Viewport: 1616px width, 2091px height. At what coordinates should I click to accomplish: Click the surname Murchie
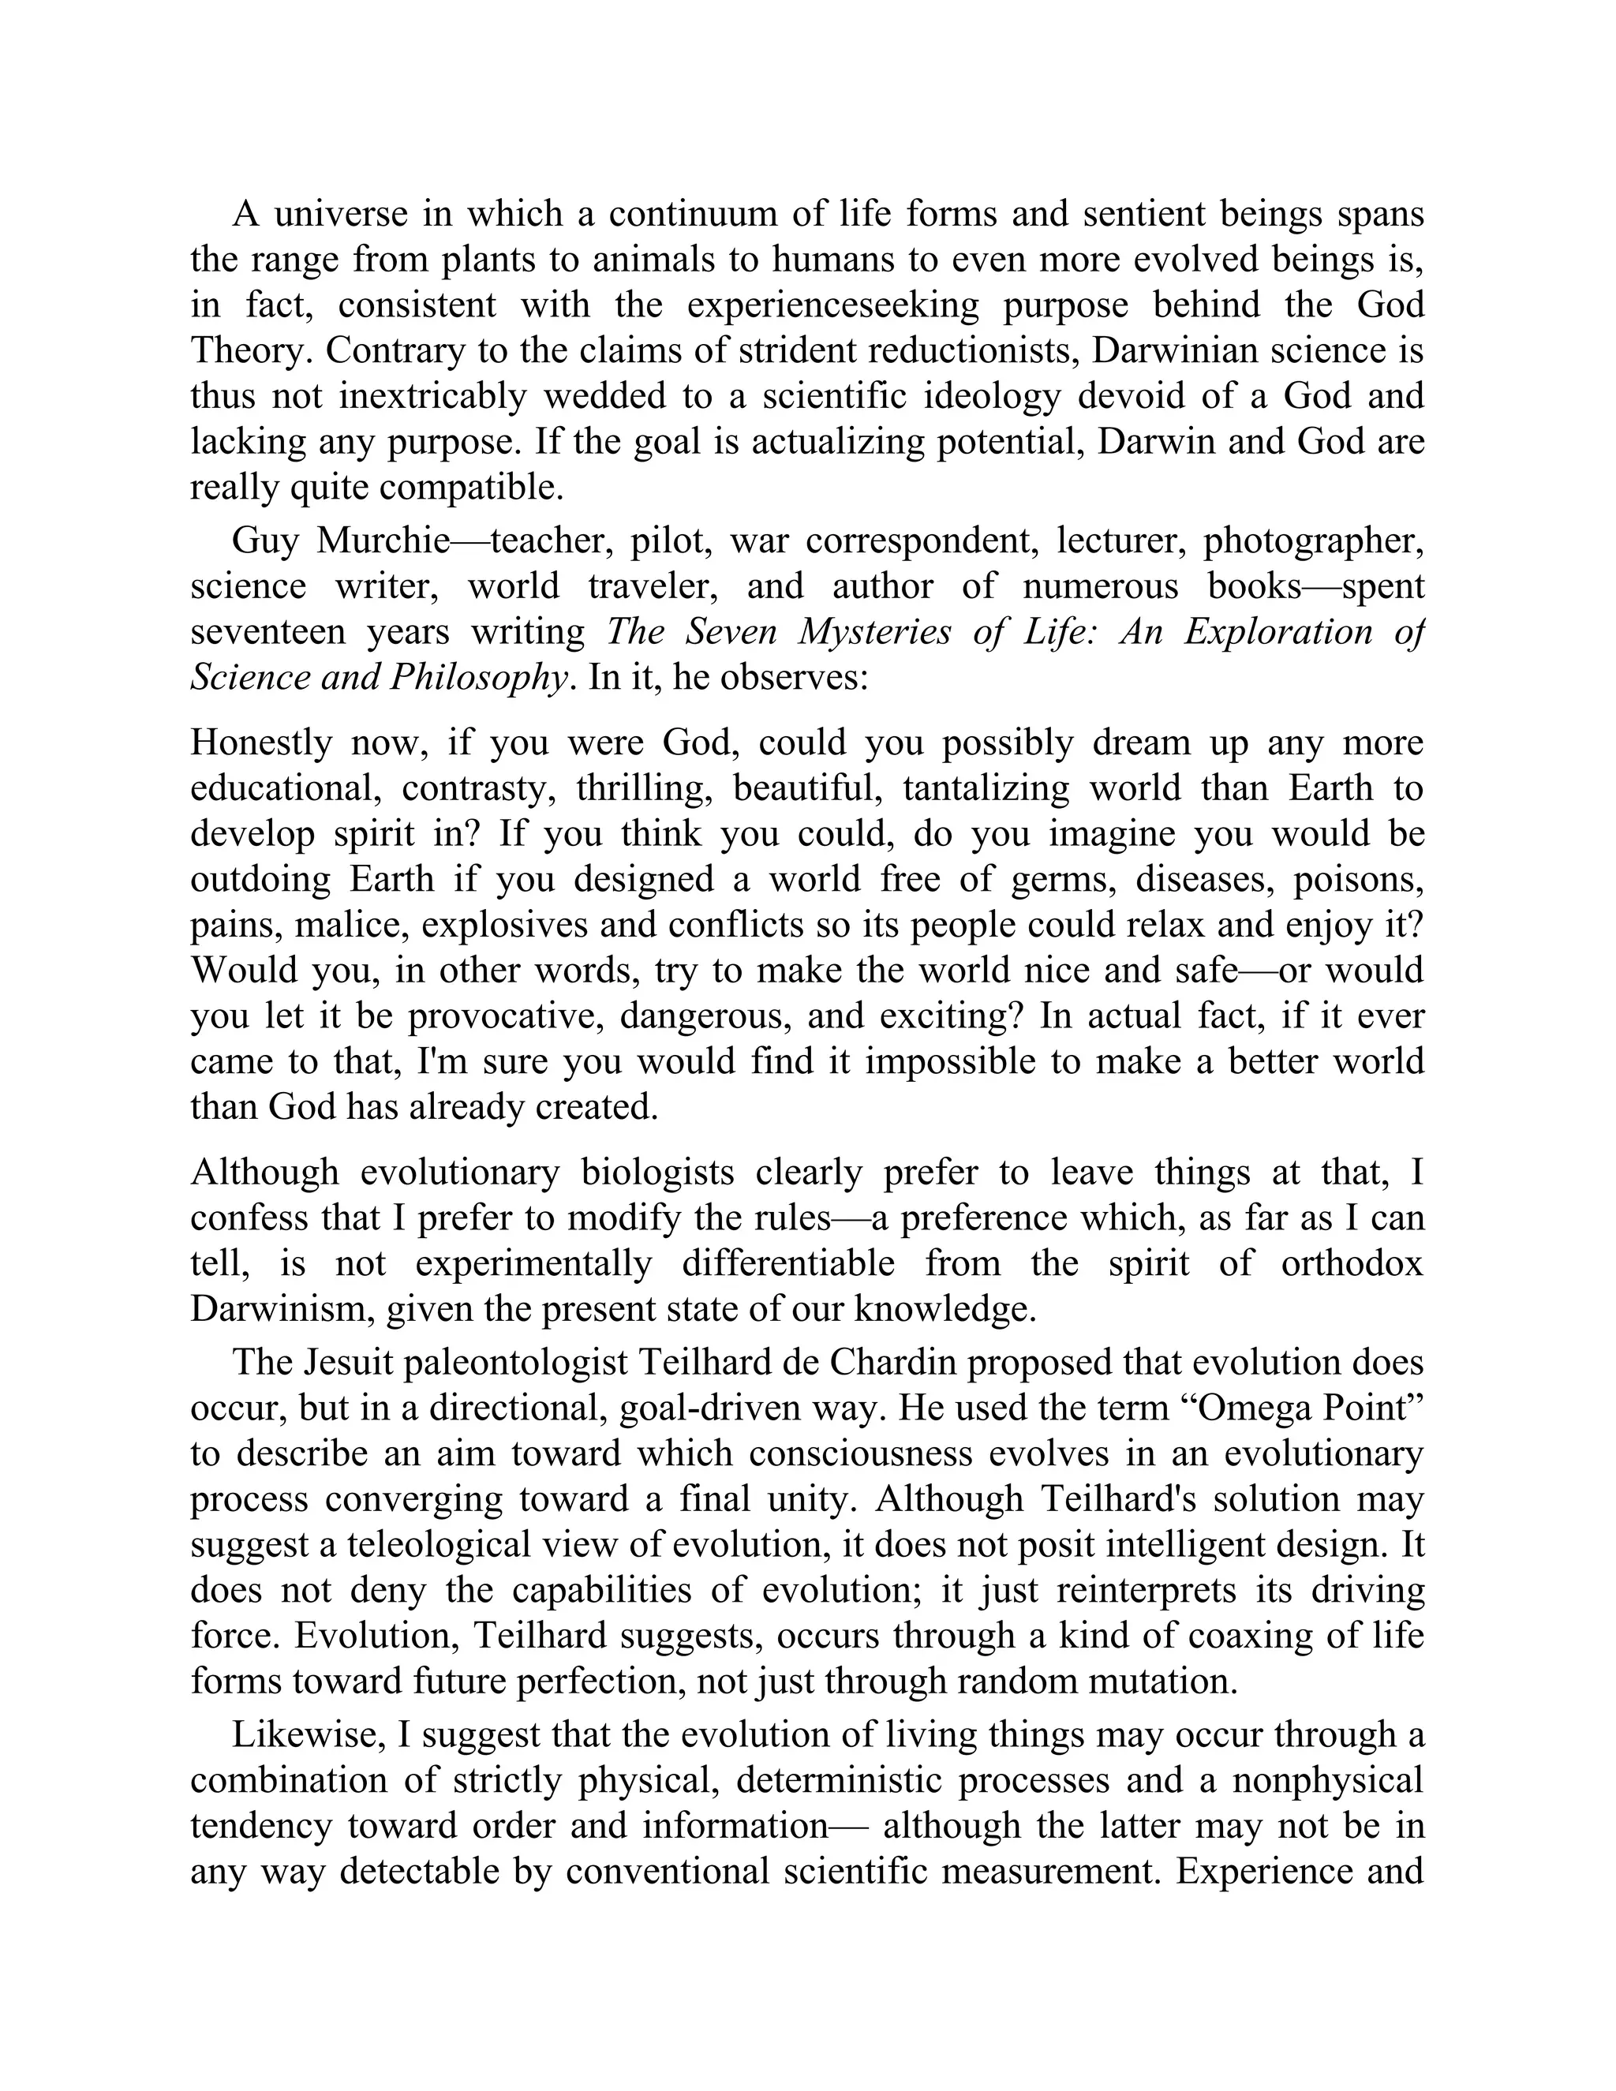pyautogui.click(x=383, y=541)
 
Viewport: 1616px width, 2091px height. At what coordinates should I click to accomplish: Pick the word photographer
pyautogui.click(x=1314, y=541)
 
